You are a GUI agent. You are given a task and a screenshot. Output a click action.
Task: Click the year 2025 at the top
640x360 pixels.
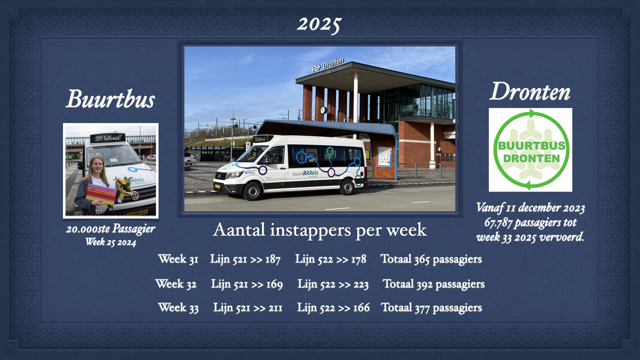(319, 25)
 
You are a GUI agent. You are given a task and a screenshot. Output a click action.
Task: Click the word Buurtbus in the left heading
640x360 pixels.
(110, 99)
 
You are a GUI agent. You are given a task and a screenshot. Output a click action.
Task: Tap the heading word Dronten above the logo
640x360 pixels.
(530, 91)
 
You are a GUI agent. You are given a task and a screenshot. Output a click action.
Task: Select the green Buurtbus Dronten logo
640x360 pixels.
(530, 150)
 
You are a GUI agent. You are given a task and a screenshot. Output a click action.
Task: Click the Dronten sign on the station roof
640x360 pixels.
(333, 64)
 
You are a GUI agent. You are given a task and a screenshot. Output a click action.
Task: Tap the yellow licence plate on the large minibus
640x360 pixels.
(217, 186)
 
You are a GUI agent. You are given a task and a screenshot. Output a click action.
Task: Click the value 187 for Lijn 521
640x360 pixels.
(273, 259)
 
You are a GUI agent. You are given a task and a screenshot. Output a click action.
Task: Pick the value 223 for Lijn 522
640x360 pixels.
(361, 284)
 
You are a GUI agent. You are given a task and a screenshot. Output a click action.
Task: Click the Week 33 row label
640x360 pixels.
(178, 308)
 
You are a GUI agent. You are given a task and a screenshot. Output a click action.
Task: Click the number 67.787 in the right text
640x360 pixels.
(498, 222)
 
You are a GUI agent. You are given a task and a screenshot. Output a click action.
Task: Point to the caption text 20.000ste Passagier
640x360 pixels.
(110, 229)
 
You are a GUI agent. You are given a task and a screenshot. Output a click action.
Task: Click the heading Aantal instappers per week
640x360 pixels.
(320, 230)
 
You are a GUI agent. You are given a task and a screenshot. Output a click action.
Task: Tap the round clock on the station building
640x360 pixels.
(323, 110)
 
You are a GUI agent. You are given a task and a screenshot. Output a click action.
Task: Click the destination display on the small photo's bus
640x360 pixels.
(107, 138)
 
